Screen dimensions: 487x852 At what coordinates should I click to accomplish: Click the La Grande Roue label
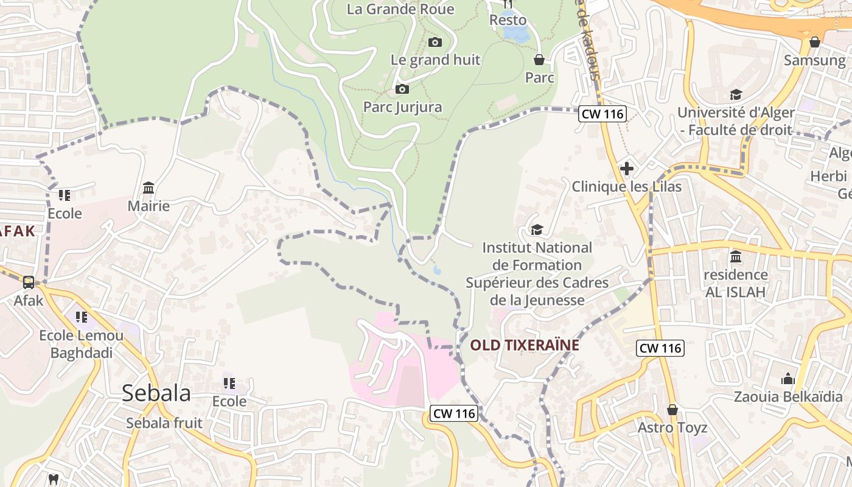[x=400, y=9]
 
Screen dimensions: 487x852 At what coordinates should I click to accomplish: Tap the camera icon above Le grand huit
[x=435, y=42]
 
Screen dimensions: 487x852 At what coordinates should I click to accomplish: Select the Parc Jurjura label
[x=403, y=107]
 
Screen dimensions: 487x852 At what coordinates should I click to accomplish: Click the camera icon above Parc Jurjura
[x=402, y=89]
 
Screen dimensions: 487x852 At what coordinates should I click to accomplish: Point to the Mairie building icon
[x=148, y=187]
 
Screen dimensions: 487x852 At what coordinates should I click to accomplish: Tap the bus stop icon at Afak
[x=29, y=282]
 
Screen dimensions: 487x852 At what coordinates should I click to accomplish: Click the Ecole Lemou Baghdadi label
[x=82, y=344]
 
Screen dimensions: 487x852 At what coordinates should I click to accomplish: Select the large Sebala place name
[x=156, y=393]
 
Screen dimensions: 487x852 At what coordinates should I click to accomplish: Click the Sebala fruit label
[x=164, y=423]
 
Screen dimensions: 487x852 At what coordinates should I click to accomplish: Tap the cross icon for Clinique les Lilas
[x=627, y=169]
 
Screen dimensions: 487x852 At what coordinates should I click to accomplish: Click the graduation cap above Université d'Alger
[x=736, y=94]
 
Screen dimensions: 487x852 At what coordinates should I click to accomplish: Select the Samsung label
[x=815, y=60]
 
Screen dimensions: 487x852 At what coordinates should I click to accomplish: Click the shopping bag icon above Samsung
[x=815, y=42]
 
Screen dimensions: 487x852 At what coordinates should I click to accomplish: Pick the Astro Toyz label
[x=672, y=428]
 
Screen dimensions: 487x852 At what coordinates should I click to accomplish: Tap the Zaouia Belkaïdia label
[x=788, y=397]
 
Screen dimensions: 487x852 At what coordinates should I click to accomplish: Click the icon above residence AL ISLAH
[x=735, y=256]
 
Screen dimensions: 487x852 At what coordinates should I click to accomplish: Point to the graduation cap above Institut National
[x=536, y=229]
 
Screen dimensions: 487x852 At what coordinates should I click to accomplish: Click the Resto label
[x=508, y=20]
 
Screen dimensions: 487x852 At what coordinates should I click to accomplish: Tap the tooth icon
[x=53, y=479]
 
